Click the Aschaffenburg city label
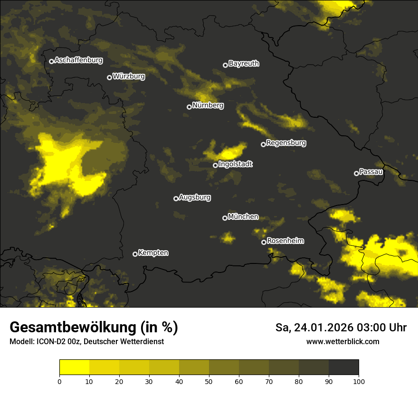pos(78,60)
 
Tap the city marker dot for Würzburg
pos(109,77)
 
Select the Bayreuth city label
pos(244,64)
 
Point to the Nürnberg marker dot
pos(189,107)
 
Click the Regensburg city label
pos(286,143)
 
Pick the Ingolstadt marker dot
pos(215,165)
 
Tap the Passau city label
pos(371,172)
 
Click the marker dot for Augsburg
pos(176,198)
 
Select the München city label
pos(243,217)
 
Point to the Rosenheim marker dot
pos(264,242)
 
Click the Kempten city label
pos(153,253)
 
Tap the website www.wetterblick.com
pos(342,341)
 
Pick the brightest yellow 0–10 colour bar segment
pos(74,367)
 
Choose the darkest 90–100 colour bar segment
pos(343,367)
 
